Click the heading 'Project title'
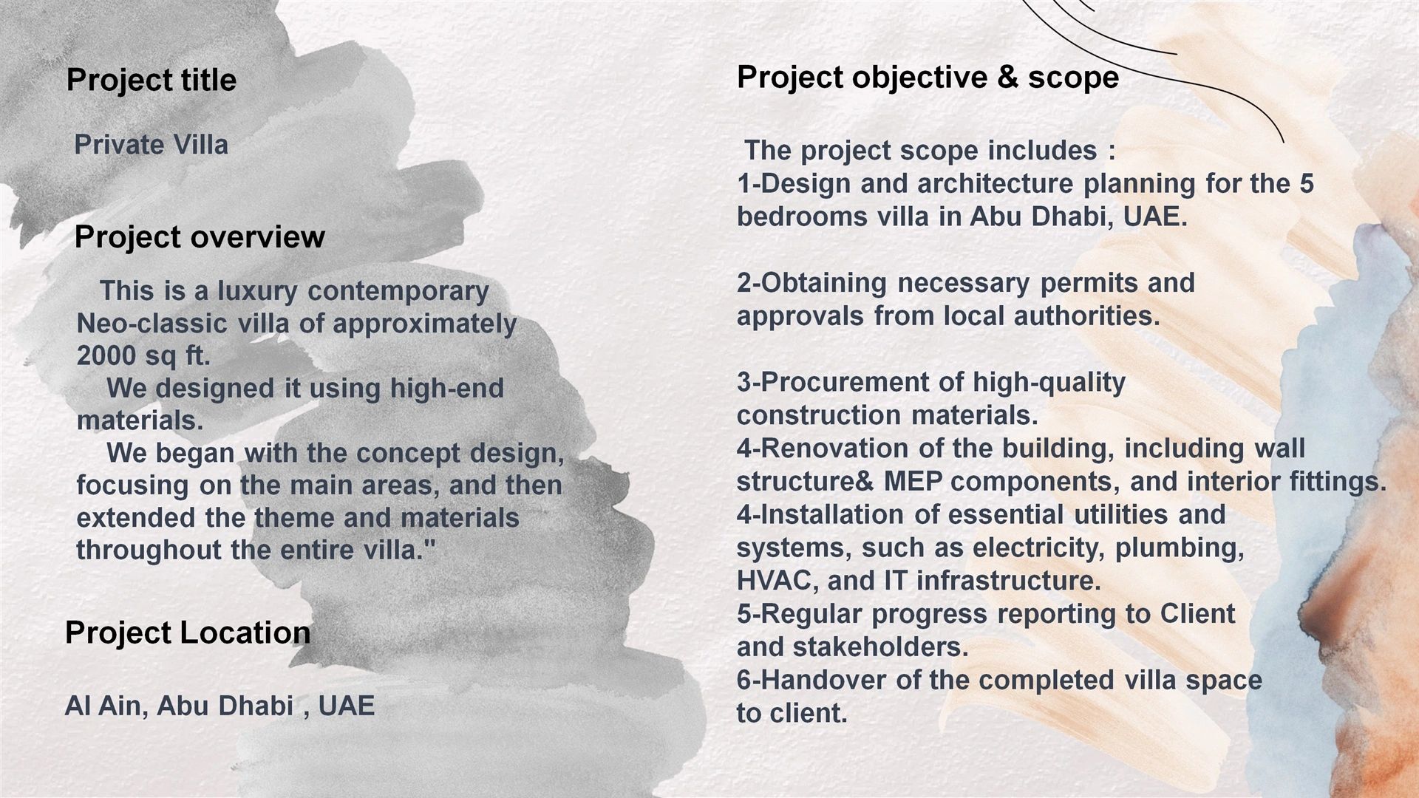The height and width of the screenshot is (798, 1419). click(152, 80)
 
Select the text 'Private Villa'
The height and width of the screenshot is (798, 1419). click(152, 144)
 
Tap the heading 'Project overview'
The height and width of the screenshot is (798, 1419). click(200, 236)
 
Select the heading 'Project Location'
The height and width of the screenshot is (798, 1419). click(188, 632)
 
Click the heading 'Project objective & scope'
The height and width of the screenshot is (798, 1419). click(928, 78)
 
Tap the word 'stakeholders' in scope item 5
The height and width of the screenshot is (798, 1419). click(880, 647)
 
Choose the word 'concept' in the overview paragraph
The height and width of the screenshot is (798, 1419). click(411, 454)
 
